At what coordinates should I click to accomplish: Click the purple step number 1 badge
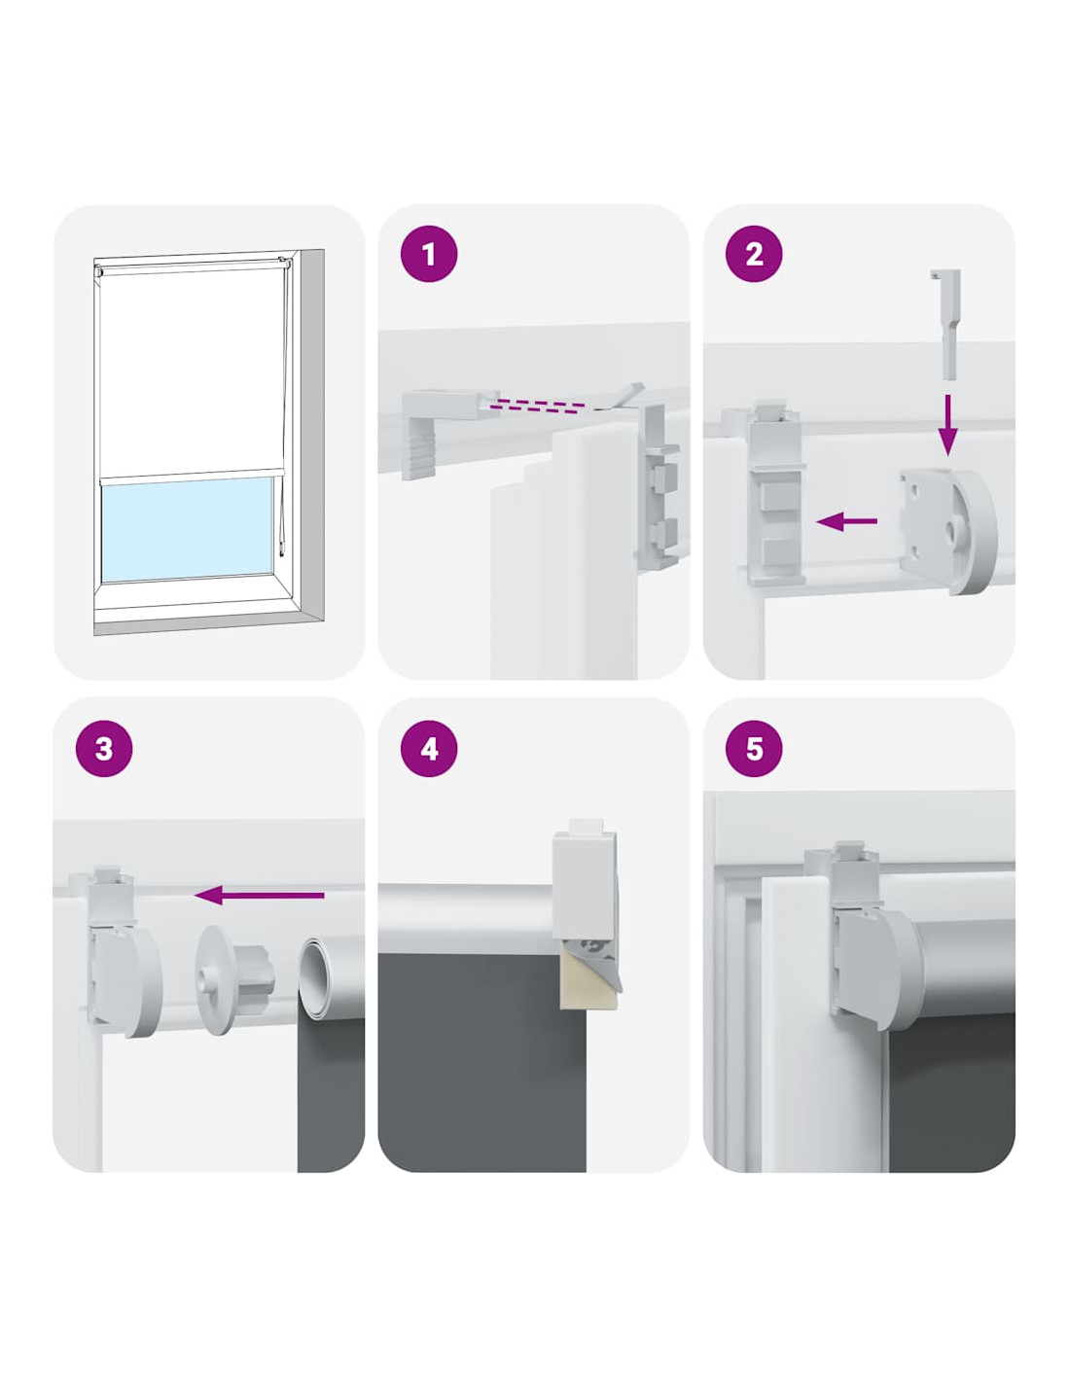(428, 254)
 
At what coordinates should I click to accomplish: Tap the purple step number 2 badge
(754, 254)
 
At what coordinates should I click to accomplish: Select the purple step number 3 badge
(104, 748)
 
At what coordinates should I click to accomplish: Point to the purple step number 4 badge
(428, 748)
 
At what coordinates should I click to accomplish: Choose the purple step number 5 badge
(754, 748)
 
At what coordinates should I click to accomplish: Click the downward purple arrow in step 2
(947, 424)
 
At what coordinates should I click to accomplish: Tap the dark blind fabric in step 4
(481, 1062)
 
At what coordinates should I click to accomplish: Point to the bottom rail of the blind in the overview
(191, 474)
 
